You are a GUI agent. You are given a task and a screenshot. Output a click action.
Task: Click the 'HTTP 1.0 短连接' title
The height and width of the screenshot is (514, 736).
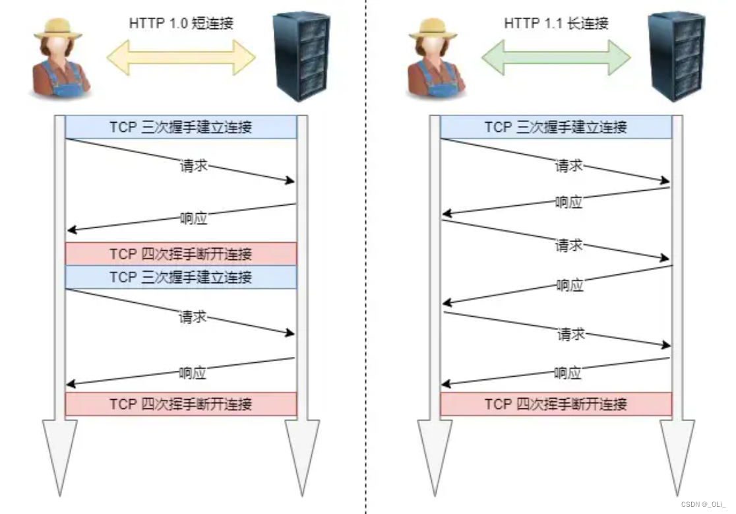tap(181, 24)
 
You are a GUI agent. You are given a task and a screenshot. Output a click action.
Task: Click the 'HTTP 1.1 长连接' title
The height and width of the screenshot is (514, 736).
tap(556, 24)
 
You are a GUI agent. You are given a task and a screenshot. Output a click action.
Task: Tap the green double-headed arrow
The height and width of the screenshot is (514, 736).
tap(556, 58)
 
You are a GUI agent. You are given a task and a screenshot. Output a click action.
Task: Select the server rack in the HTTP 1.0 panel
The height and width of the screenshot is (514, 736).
tap(302, 56)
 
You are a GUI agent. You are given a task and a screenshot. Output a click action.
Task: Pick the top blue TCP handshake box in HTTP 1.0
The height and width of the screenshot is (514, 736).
tap(181, 127)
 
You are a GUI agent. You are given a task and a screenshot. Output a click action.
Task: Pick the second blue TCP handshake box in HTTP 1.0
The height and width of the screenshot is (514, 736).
tap(181, 277)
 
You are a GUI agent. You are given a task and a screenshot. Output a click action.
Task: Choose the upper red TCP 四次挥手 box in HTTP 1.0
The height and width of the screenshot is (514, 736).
tap(181, 253)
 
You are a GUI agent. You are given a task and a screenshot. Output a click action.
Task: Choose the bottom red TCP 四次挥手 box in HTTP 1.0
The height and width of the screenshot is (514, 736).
tap(181, 404)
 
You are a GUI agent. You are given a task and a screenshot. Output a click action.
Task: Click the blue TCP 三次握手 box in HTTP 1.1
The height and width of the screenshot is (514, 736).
tap(556, 127)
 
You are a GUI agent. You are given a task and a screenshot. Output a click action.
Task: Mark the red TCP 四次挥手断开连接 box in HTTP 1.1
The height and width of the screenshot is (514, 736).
tap(556, 404)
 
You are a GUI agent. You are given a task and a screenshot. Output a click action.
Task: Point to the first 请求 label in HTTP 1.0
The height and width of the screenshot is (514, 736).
tap(193, 165)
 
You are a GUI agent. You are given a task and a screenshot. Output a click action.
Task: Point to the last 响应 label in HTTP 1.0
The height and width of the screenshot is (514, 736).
tap(193, 373)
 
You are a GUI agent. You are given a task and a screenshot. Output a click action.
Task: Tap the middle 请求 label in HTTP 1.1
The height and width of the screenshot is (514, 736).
tap(569, 245)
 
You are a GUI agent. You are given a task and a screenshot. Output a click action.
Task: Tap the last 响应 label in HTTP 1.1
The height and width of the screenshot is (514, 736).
tap(567, 373)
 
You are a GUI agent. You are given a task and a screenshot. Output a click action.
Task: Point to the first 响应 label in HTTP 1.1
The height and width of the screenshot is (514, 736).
tap(568, 203)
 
